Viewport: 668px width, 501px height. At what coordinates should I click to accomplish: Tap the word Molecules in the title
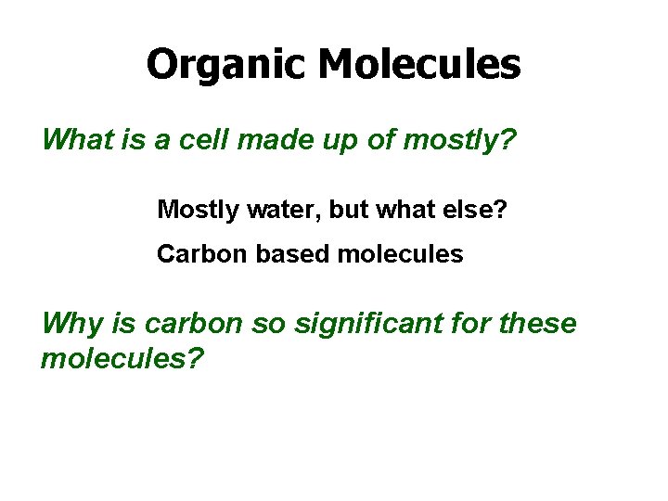tap(419, 64)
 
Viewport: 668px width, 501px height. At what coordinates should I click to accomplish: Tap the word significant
tap(360, 325)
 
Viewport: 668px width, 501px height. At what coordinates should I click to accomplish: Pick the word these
tap(538, 325)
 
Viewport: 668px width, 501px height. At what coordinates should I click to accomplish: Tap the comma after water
tap(319, 216)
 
